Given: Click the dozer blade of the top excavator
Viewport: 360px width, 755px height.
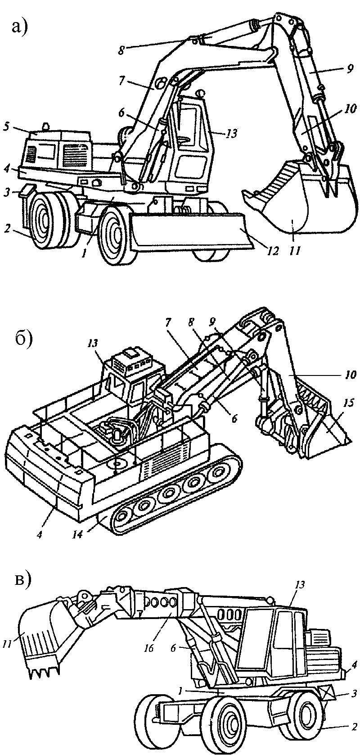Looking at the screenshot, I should (189, 232).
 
